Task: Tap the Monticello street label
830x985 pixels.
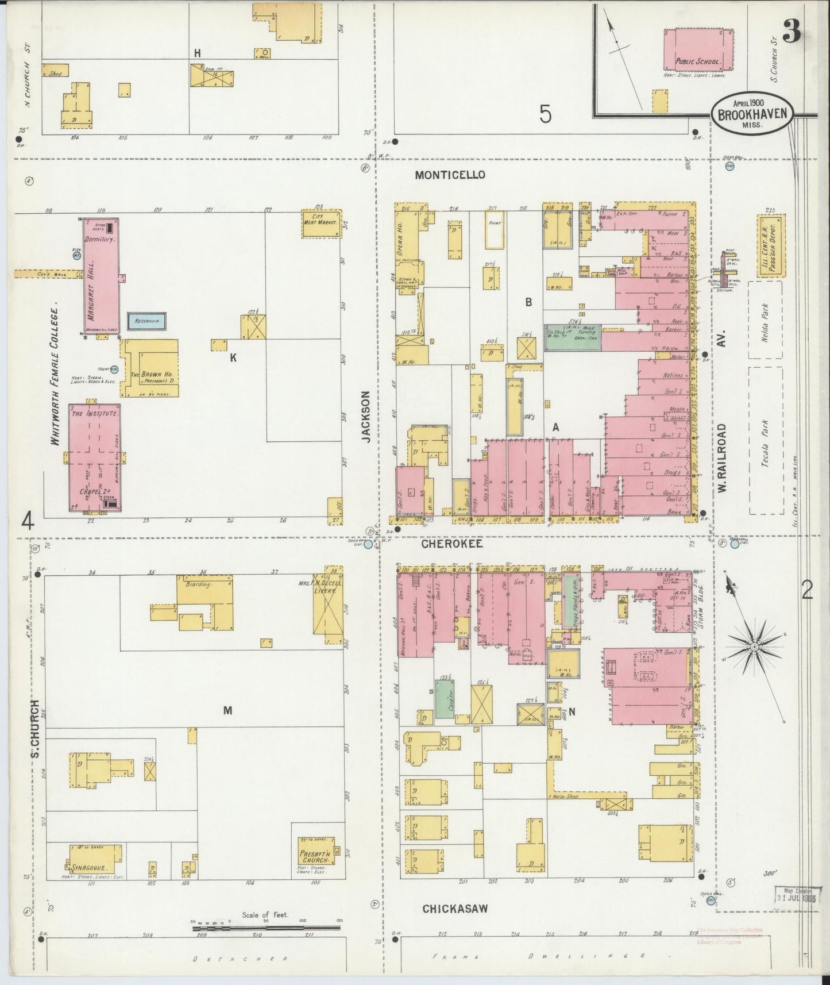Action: pos(450,175)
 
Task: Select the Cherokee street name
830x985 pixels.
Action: pos(452,543)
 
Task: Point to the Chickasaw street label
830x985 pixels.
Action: pos(455,909)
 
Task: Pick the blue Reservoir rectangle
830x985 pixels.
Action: pos(147,321)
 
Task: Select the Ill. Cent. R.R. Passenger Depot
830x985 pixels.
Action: pos(771,247)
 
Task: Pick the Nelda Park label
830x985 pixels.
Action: pos(765,321)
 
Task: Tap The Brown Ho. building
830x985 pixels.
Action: pos(150,368)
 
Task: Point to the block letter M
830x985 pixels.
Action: pos(227,710)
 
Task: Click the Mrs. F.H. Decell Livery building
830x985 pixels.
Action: pos(327,606)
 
